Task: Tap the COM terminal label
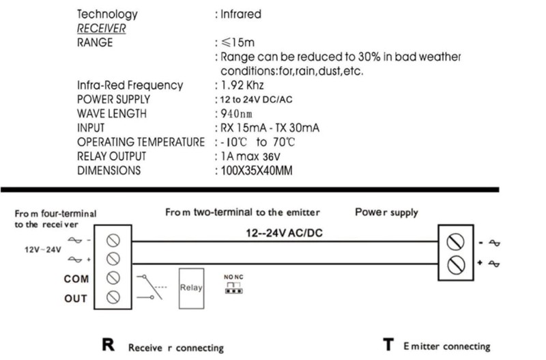(76, 279)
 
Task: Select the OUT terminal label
(76, 299)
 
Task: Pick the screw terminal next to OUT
(114, 297)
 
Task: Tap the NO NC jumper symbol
(233, 285)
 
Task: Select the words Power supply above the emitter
(386, 212)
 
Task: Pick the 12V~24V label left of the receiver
(43, 250)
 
